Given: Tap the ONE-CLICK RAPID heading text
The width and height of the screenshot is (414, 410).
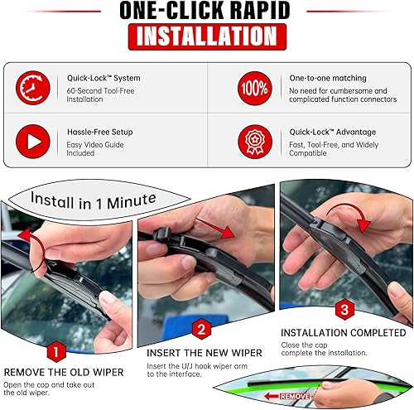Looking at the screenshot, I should click(205, 11).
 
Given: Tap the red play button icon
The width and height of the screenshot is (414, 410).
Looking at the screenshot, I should click(34, 141).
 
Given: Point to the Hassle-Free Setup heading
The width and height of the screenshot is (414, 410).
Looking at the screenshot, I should click(99, 131).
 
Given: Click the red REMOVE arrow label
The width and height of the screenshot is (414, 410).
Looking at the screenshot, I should click(292, 397).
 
